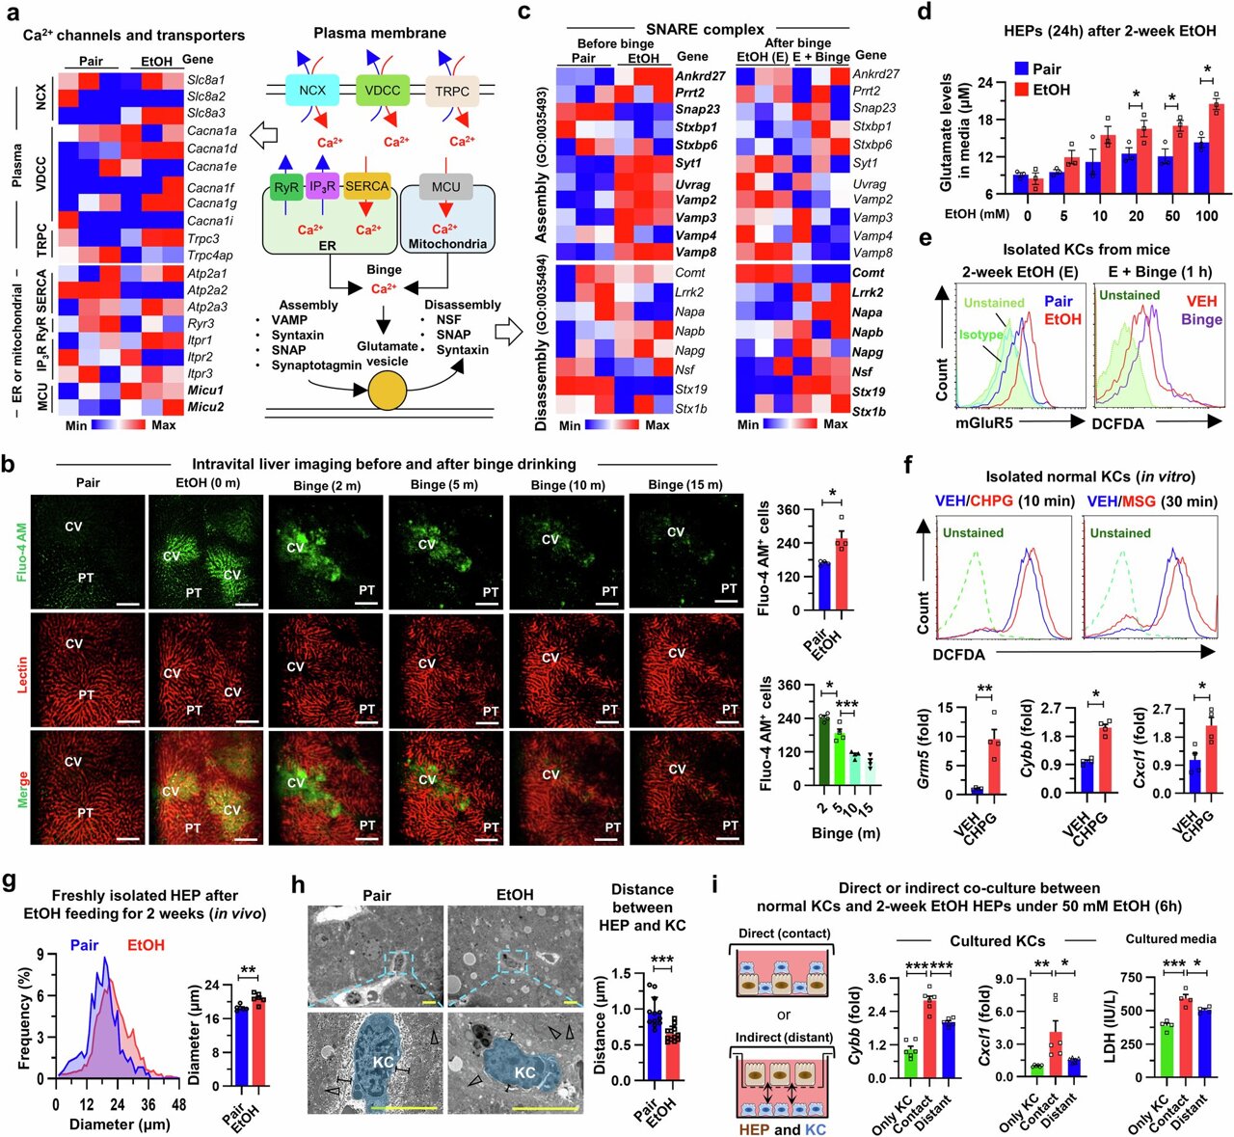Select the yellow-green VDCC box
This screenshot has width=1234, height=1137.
coord(383,92)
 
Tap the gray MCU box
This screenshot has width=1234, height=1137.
coord(445,187)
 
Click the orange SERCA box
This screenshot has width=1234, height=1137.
coord(366,186)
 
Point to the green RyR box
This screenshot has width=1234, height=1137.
coord(285,187)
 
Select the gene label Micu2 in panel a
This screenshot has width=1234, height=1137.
coord(205,407)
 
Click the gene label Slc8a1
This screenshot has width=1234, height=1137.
coord(206,80)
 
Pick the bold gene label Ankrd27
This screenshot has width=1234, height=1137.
coord(701,76)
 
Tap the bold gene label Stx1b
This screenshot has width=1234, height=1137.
coord(869,412)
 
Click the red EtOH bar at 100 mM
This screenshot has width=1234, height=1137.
coord(1215,149)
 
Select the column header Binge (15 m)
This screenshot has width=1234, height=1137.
coord(685,485)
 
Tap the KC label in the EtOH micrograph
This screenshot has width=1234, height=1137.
coord(524,1072)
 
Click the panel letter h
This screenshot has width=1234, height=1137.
coord(299,886)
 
